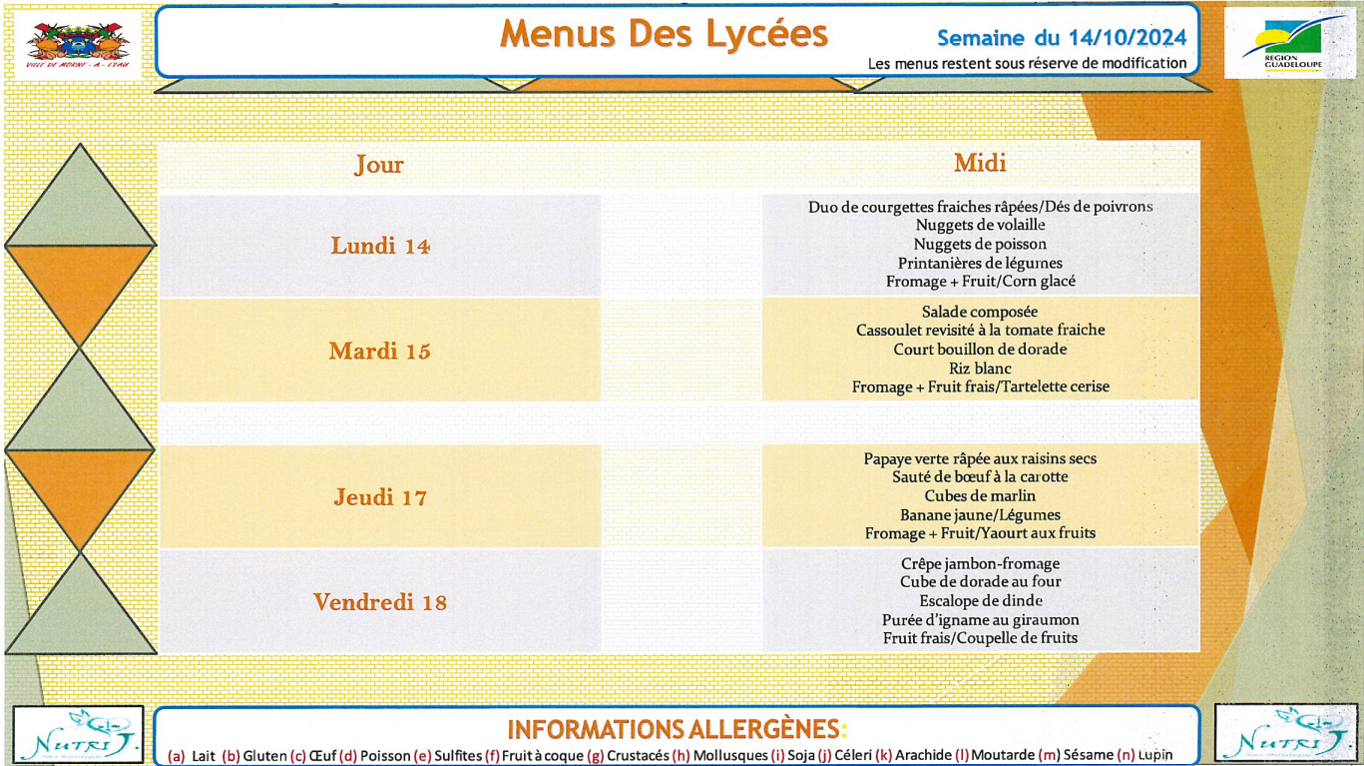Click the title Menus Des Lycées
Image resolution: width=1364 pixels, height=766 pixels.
coord(664,34)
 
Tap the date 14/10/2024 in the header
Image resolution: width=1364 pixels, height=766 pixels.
coord(1131,38)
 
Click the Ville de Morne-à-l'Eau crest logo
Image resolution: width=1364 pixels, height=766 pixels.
coord(78,46)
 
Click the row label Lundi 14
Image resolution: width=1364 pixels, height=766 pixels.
coord(380,246)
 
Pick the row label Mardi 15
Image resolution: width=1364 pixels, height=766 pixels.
coord(380,352)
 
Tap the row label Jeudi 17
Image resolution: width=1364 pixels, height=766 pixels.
coord(380,497)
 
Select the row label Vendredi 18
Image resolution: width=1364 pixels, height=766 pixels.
coord(380,602)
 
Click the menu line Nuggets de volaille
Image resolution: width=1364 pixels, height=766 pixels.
coord(980,226)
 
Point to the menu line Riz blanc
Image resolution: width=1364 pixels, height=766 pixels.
coord(980,369)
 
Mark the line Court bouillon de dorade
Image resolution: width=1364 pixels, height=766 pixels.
coord(980,350)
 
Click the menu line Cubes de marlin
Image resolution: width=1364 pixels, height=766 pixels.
coord(980,496)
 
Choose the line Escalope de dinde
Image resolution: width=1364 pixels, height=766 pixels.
coord(980,601)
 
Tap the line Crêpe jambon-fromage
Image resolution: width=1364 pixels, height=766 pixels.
coord(980,564)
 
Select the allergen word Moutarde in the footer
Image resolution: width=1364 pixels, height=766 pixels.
coord(1002,756)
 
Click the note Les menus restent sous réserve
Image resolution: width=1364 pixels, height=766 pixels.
coord(1027,63)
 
